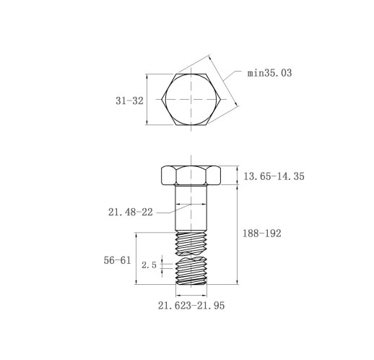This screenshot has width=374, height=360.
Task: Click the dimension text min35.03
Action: tap(269, 73)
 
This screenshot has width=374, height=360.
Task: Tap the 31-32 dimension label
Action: tap(129, 100)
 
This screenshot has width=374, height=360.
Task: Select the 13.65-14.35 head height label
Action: tap(274, 176)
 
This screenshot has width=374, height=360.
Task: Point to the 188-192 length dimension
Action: tap(262, 233)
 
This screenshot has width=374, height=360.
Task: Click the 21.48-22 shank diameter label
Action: tap(131, 212)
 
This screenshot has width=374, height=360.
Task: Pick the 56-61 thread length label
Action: tap(117, 260)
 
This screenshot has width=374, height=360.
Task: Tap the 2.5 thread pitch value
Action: tap(149, 265)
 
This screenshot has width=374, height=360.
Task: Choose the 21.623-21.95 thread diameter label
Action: tap(191, 306)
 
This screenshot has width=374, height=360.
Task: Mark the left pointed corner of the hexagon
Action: tap(162, 99)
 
